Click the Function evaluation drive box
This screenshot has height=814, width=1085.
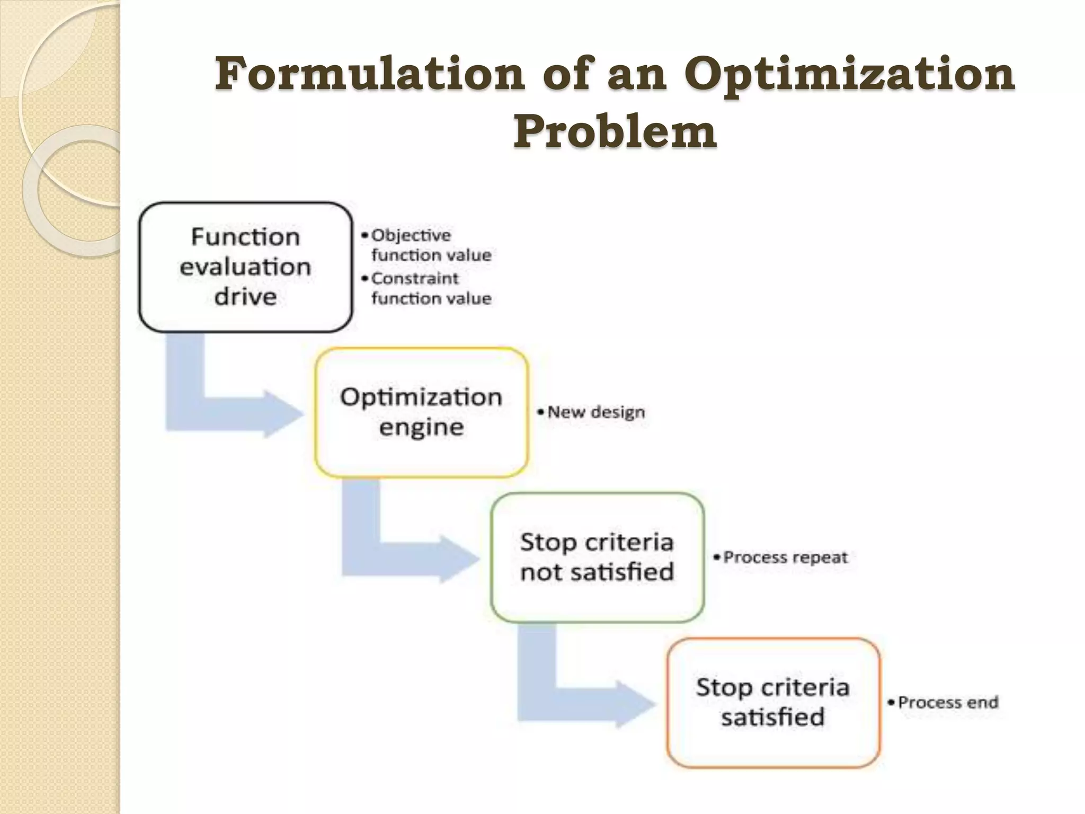(245, 267)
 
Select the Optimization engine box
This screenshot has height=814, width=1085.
(421, 412)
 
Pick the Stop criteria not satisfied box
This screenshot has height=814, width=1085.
(597, 557)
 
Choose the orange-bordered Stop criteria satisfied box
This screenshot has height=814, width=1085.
(773, 702)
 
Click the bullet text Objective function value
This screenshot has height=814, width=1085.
(430, 245)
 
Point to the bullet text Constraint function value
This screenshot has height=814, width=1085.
(430, 288)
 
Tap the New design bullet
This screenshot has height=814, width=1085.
(595, 412)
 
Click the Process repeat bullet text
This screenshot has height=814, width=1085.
(785, 557)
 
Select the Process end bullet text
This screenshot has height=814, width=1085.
(948, 702)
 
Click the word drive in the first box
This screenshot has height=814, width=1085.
(245, 296)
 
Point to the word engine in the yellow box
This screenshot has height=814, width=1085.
(421, 427)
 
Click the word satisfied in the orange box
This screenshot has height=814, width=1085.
(773, 717)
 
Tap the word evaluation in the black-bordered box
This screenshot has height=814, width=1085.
(245, 267)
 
